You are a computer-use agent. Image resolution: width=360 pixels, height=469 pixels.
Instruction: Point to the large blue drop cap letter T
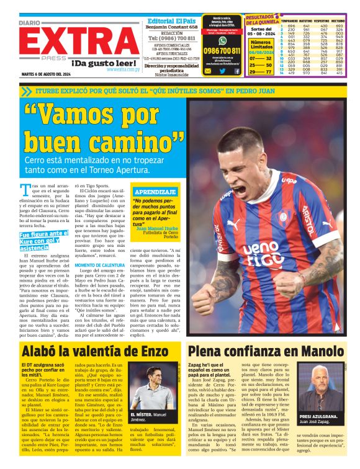click(25, 189)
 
